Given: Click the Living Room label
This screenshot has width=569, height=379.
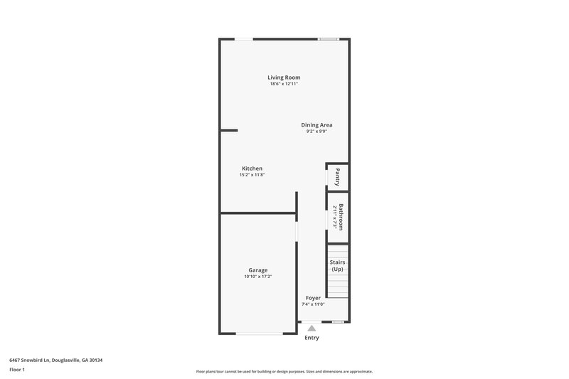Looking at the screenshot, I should (x=284, y=77).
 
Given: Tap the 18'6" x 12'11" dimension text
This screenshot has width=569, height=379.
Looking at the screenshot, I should (x=284, y=84).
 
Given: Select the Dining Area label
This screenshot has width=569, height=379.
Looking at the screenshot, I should (x=317, y=124).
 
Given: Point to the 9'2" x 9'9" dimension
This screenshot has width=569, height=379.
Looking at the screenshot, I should (x=317, y=132).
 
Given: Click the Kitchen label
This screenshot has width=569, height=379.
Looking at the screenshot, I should (x=252, y=169).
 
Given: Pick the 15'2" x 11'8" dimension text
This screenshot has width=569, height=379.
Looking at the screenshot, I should (x=252, y=175).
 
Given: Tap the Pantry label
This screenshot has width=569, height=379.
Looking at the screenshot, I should (x=339, y=176).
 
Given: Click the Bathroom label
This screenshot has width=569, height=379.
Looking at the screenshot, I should (x=341, y=216).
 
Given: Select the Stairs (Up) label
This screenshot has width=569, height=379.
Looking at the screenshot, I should (x=337, y=266).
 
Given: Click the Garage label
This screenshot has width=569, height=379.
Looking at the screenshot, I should (x=257, y=269).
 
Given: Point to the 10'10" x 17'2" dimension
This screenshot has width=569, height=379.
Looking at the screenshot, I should (x=257, y=277).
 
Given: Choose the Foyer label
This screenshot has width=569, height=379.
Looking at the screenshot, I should (x=313, y=297).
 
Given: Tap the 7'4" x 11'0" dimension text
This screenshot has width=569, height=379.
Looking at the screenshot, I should (x=313, y=304).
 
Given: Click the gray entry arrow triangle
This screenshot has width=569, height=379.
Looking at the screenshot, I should (x=312, y=328).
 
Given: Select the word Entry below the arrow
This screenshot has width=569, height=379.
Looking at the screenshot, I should (x=312, y=338).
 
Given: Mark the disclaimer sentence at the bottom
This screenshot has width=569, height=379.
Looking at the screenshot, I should (x=284, y=371).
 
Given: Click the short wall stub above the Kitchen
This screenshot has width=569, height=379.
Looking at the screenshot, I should (x=229, y=130).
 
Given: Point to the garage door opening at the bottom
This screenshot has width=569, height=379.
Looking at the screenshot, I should (x=258, y=333).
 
